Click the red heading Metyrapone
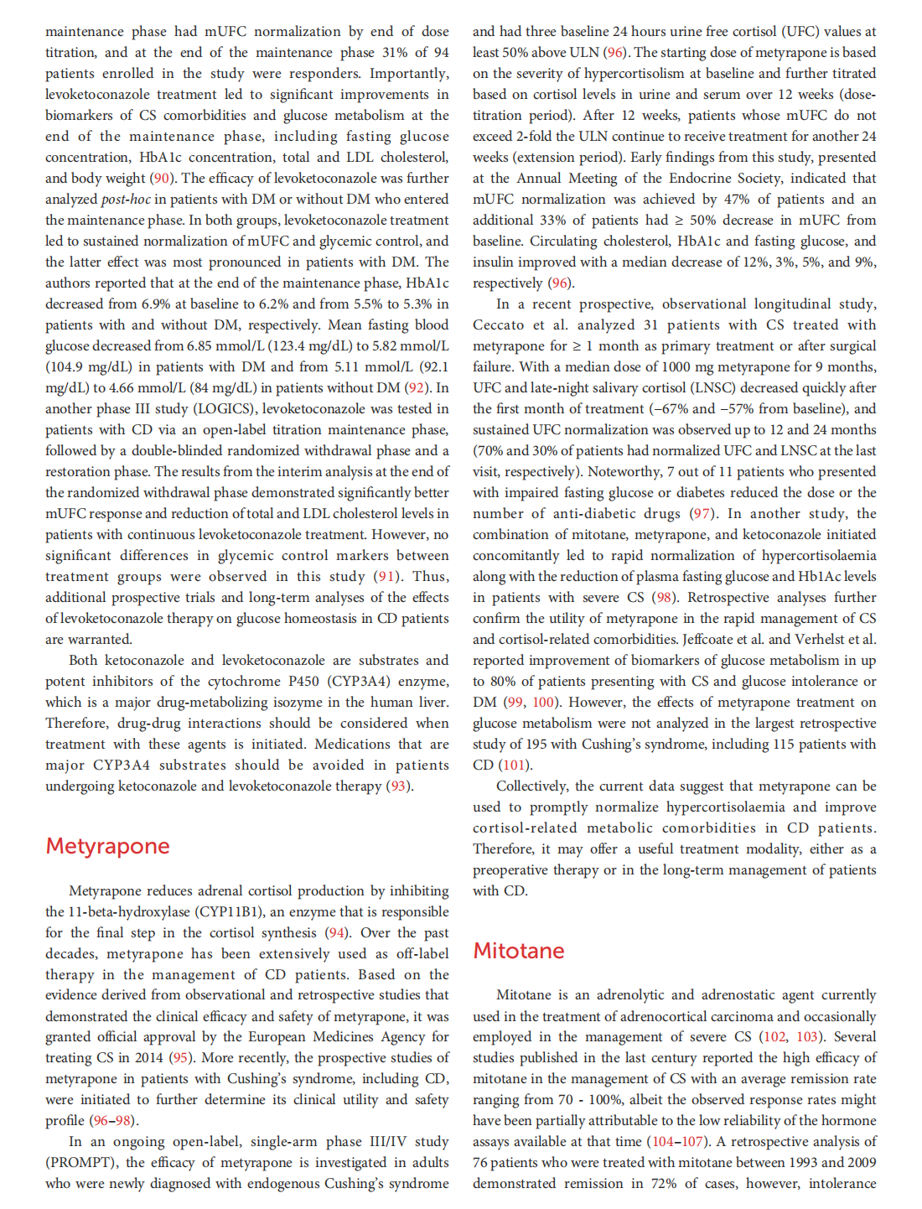point(107,846)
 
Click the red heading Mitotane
point(518,951)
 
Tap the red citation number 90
point(162,178)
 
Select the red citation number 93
point(398,786)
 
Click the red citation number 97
point(701,513)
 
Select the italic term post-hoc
point(126,199)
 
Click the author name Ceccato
point(498,324)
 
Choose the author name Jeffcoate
point(712,639)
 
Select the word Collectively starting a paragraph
point(532,786)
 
